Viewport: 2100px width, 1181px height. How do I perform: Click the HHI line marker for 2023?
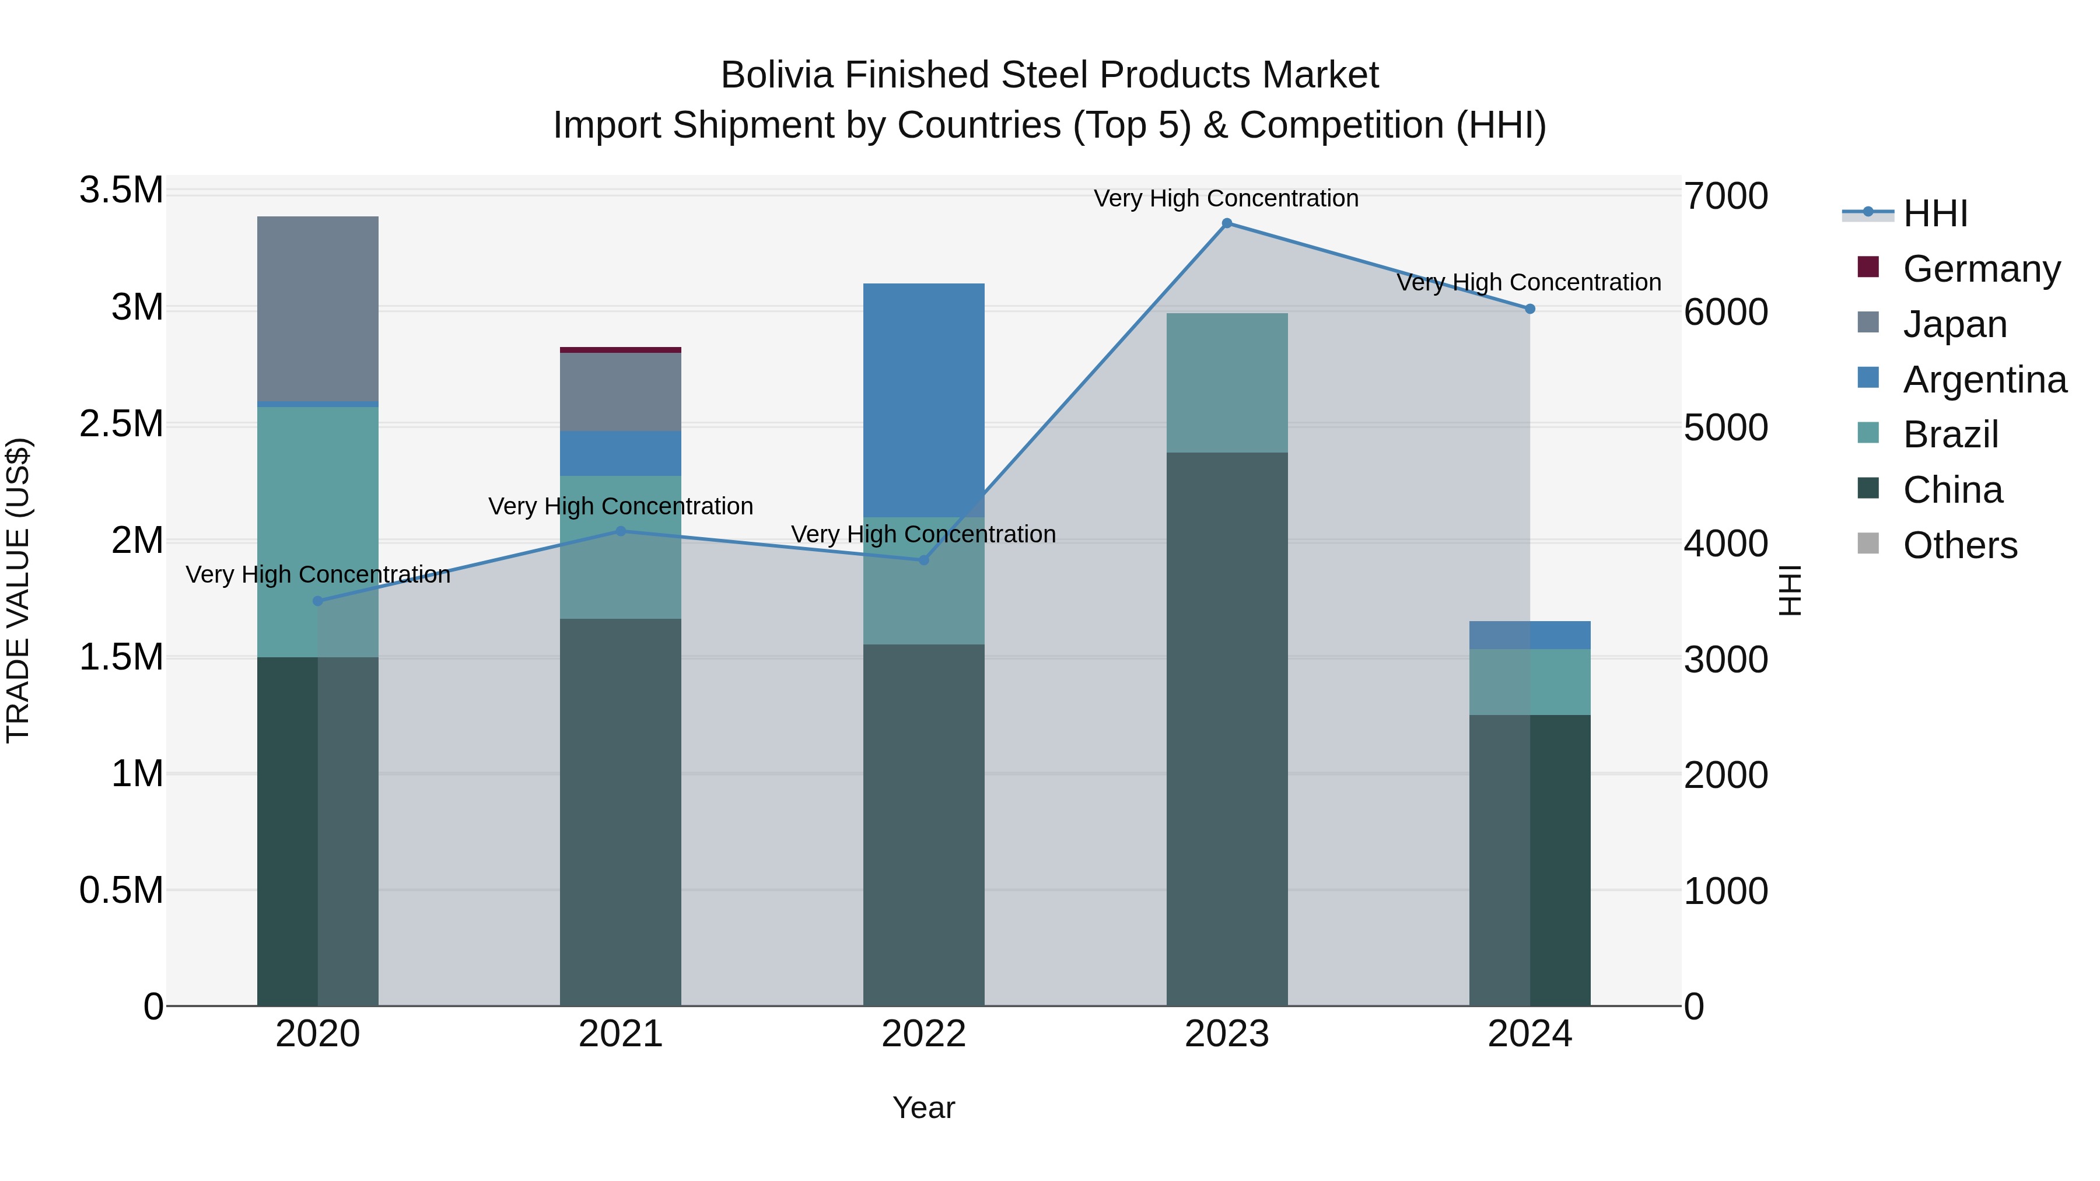(x=1227, y=223)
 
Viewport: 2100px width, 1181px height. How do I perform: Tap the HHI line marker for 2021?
(x=621, y=531)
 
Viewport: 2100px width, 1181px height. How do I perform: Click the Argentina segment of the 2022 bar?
(x=923, y=399)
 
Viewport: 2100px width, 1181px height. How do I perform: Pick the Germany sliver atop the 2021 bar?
(x=621, y=350)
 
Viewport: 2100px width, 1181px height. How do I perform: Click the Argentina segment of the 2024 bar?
(x=1529, y=635)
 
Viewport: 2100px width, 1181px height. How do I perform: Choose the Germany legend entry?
(x=1981, y=268)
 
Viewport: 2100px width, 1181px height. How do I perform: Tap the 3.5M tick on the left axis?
(x=121, y=191)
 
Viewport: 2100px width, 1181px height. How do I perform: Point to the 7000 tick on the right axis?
(x=1726, y=197)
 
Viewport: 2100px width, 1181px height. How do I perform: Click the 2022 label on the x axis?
(x=923, y=1034)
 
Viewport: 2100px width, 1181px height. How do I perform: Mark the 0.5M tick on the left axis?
(x=121, y=890)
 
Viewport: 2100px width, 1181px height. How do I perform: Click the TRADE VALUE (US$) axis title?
(x=18, y=590)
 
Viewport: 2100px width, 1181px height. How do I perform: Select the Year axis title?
(x=923, y=1108)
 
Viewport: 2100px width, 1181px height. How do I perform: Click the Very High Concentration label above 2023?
(x=1226, y=198)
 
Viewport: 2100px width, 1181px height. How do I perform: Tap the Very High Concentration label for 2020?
(x=318, y=574)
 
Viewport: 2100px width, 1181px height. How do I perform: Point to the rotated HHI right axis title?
(x=1790, y=590)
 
